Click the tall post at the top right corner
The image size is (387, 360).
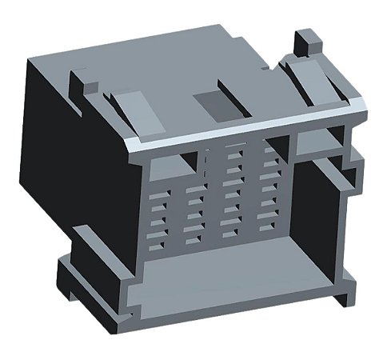(x=307, y=44)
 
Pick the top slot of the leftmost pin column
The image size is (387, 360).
(x=159, y=189)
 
